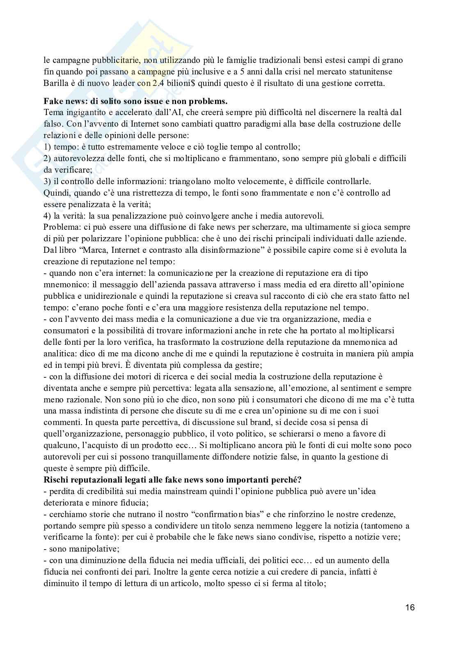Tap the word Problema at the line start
click(x=60, y=227)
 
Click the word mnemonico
click(x=64, y=284)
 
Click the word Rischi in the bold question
click(x=56, y=480)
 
